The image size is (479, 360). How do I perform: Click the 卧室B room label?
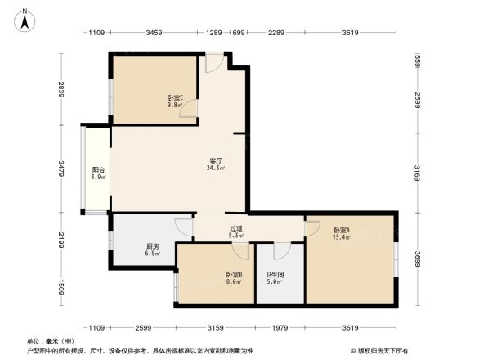(x=234, y=277)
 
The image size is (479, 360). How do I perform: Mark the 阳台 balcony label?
(x=96, y=173)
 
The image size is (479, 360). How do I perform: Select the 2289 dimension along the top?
(x=275, y=33)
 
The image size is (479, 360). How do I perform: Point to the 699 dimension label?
(x=239, y=33)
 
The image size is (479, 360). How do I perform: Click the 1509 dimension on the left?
(x=60, y=287)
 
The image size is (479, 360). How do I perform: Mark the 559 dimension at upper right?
(x=417, y=61)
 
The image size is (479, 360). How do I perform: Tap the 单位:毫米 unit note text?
(x=51, y=340)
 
